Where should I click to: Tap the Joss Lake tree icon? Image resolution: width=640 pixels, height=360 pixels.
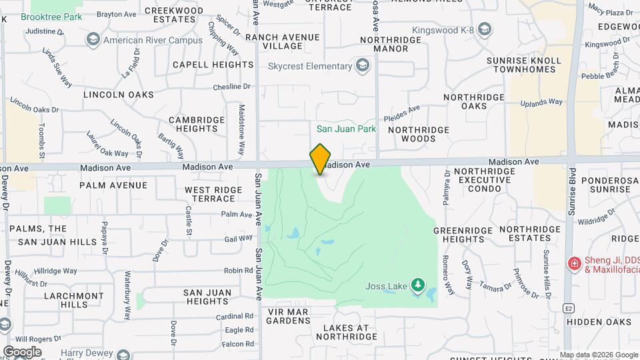pyautogui.click(x=418, y=286)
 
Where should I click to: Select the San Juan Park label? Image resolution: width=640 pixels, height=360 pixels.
pyautogui.click(x=346, y=129)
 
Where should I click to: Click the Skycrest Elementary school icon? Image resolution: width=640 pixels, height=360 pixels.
pyautogui.click(x=362, y=65)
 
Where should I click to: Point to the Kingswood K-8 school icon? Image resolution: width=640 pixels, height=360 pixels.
pyautogui.click(x=485, y=29)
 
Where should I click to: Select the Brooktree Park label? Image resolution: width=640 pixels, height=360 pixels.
pyautogui.click(x=51, y=17)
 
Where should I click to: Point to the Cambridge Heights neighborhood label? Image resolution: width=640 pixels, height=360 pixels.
pyautogui.click(x=197, y=124)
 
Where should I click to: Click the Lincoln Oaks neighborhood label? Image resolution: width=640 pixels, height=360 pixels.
pyautogui.click(x=119, y=95)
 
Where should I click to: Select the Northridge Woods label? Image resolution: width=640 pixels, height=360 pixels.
pyautogui.click(x=412, y=134)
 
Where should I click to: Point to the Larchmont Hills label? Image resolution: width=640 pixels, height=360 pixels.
pyautogui.click(x=66, y=299)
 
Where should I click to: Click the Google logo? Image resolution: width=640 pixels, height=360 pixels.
pyautogui.click(x=22, y=351)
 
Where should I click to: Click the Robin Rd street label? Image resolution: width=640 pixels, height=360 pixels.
pyautogui.click(x=239, y=271)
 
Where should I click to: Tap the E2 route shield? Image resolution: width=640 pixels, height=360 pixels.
pyautogui.click(x=568, y=308)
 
